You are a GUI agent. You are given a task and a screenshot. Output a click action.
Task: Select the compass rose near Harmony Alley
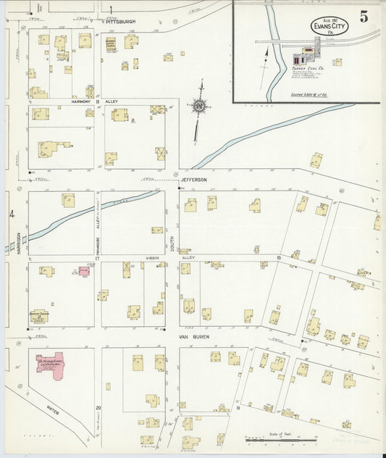(198, 107)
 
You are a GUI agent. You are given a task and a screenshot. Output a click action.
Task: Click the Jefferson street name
(194, 180)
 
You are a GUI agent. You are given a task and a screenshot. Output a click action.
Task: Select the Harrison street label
(18, 241)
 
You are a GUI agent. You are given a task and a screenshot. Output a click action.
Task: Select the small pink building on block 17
(83, 271)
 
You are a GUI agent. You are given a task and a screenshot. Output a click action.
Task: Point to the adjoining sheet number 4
(11, 214)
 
